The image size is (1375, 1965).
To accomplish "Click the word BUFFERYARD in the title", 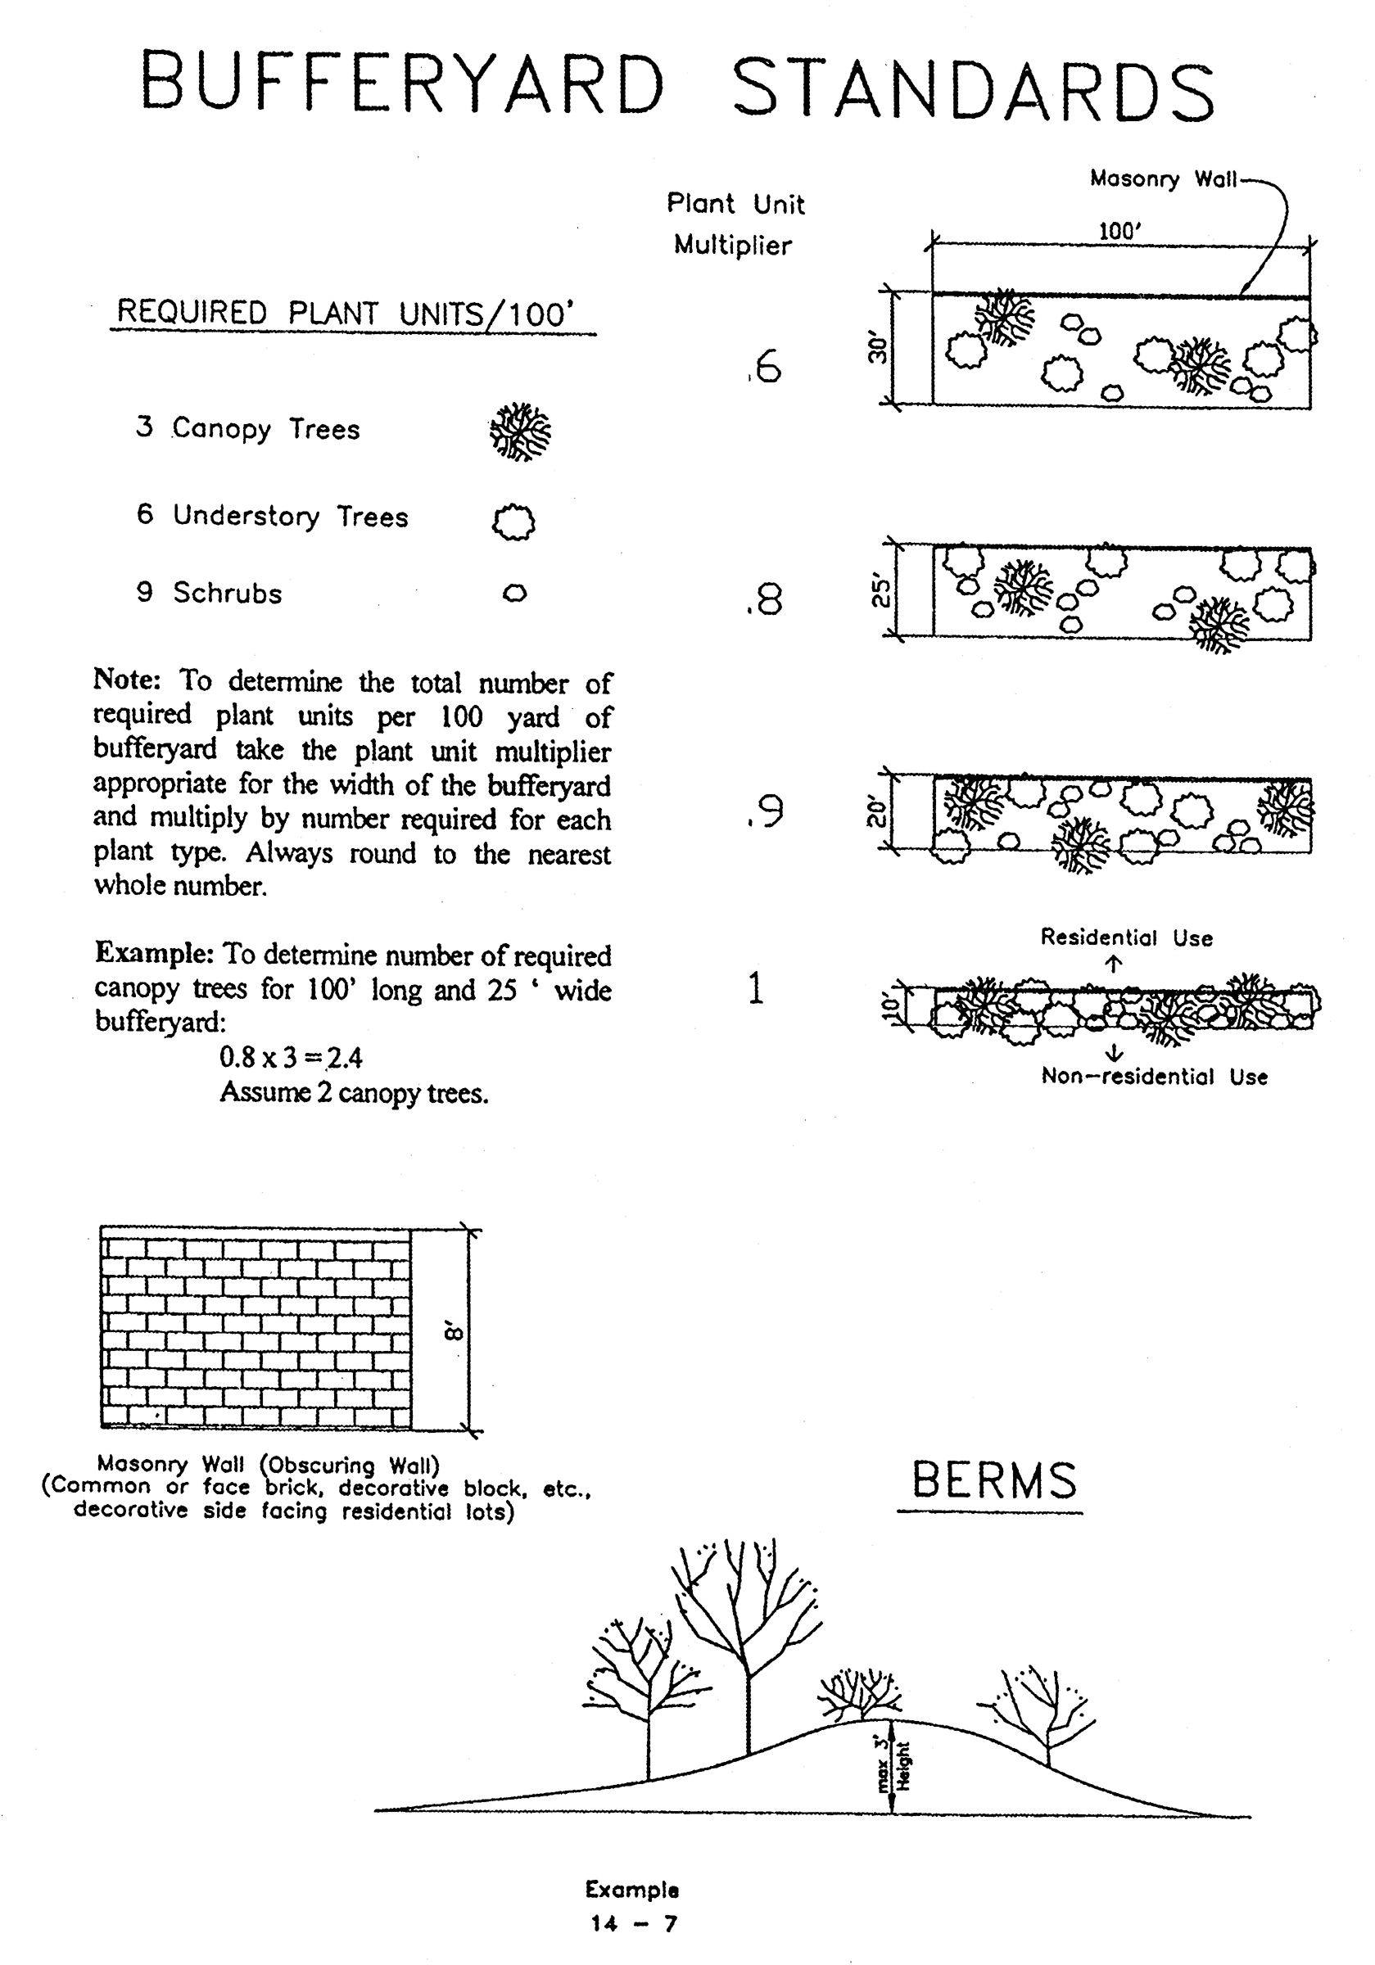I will (402, 84).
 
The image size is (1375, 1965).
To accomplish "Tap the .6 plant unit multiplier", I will (765, 366).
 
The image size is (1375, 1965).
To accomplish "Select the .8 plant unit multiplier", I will (764, 599).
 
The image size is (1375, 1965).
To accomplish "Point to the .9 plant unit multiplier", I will (765, 811).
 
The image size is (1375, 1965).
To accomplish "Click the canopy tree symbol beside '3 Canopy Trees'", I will (520, 431).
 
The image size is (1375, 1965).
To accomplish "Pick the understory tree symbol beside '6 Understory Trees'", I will (513, 522).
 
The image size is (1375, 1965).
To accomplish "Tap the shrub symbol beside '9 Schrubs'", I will (514, 592).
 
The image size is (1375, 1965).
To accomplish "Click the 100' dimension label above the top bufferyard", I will (1119, 232).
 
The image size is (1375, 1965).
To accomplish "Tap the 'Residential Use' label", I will (1126, 938).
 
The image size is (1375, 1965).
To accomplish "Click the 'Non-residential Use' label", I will (1153, 1077).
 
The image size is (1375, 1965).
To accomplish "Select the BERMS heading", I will (993, 1480).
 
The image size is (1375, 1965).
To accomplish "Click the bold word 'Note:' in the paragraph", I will (127, 680).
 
